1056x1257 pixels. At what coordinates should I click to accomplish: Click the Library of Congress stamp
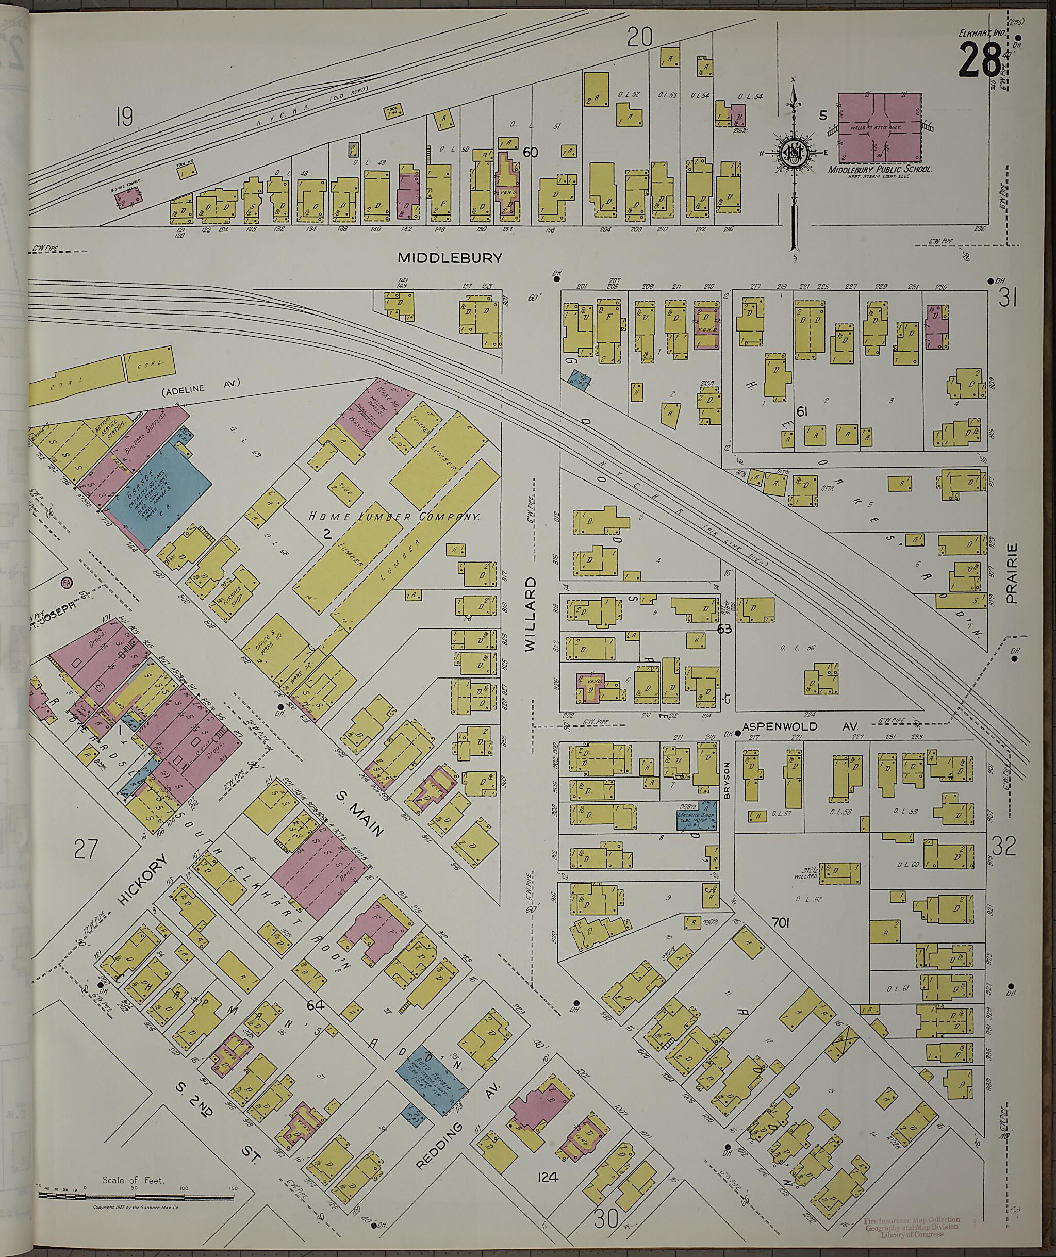912,1237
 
